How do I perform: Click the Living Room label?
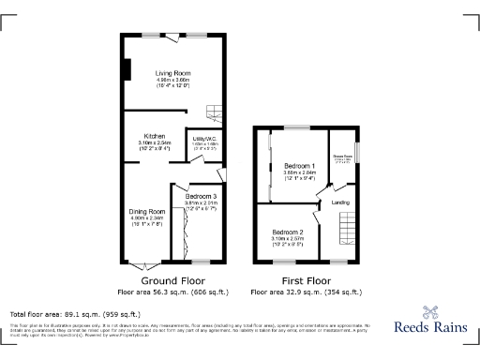(172, 72)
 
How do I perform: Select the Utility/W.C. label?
(204, 138)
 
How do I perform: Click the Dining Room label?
(147, 212)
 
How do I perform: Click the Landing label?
(341, 202)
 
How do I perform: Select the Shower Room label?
(341, 157)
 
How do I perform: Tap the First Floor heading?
(306, 280)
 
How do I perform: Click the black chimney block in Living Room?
(128, 71)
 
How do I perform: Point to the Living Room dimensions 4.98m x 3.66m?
(172, 81)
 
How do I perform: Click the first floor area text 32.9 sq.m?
(306, 292)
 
